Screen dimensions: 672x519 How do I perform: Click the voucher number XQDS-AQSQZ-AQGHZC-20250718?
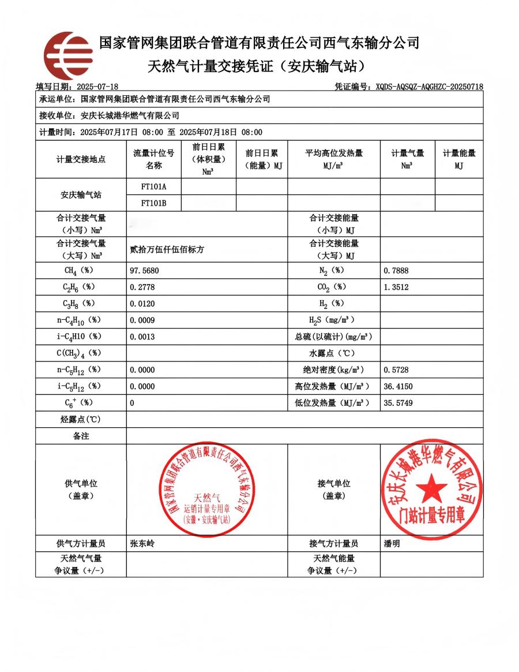point(429,87)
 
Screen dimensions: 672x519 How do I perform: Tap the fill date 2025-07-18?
point(97,87)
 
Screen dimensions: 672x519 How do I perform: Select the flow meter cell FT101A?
point(153,186)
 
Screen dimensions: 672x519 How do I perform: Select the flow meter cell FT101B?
point(153,203)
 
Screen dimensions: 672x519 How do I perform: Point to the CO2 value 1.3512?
point(396,286)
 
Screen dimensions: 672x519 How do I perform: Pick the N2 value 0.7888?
point(396,270)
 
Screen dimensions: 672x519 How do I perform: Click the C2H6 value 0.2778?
point(142,286)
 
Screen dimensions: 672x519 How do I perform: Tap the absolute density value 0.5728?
point(396,369)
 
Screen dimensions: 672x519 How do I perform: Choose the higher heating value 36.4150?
point(398,386)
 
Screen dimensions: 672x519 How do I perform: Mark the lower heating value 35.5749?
point(398,403)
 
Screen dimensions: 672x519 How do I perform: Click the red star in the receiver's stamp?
point(431,488)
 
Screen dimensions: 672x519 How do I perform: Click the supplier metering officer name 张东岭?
point(142,543)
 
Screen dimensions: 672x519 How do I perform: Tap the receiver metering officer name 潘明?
point(392,543)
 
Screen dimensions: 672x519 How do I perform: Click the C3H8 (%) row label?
point(81,303)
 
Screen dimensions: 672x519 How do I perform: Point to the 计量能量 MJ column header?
point(459,159)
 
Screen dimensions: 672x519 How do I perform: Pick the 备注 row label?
point(81,436)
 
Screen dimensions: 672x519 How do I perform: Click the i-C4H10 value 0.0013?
point(142,337)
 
